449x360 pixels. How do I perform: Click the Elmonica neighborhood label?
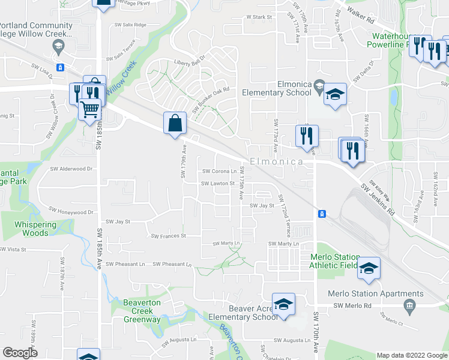276,162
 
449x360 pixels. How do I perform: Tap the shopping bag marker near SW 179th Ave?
174,124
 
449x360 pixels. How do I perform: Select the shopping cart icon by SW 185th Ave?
90,110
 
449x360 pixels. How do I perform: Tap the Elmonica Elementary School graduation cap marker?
335,94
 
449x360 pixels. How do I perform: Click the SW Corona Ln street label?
219,171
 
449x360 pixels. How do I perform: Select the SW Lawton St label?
217,184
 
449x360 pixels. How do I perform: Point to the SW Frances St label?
168,236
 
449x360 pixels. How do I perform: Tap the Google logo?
20,353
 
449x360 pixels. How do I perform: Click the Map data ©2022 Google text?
411,355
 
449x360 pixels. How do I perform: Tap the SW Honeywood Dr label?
72,212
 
